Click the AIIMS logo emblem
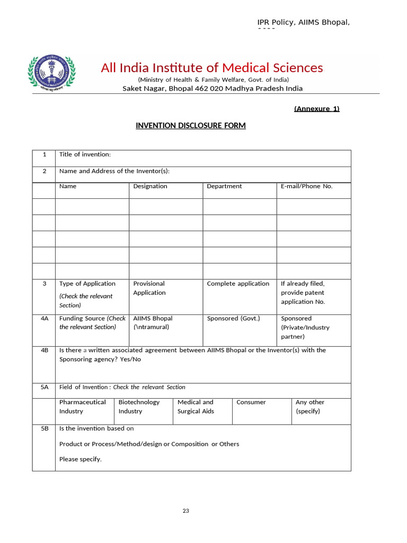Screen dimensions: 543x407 (51, 74)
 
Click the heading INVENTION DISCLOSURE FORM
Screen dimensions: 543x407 (191, 126)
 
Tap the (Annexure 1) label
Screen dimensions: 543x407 (316, 109)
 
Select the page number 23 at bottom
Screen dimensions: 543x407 (185, 511)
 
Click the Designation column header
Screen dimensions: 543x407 (150, 186)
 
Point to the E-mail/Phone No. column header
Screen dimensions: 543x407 (306, 186)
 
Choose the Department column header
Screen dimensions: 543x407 (224, 186)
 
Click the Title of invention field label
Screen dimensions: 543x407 (85, 154)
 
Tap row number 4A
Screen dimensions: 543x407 (44, 319)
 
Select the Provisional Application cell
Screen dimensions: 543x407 (149, 288)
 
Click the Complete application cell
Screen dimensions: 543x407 (238, 284)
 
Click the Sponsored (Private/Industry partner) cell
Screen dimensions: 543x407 (305, 328)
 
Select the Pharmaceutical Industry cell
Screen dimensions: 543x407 (82, 407)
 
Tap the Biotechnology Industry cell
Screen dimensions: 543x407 (139, 407)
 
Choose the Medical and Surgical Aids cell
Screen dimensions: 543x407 (196, 407)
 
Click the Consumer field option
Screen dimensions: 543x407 (251, 402)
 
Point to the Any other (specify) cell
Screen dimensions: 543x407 (310, 407)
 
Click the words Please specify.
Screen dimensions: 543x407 (80, 459)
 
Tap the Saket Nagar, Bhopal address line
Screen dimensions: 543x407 (213, 89)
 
